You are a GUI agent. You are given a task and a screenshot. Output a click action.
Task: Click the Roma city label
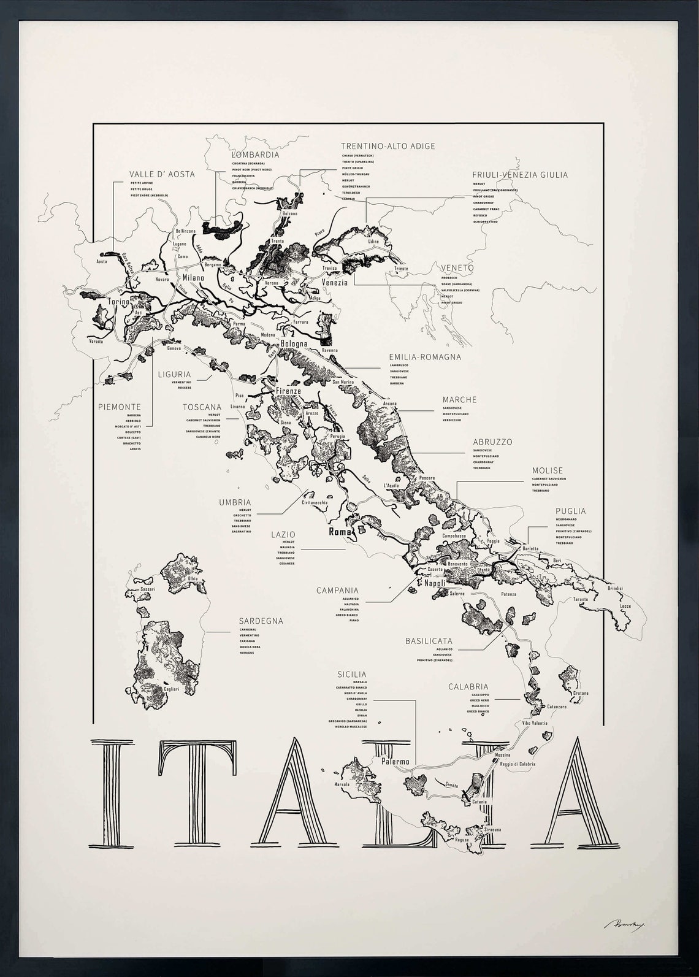coord(340,532)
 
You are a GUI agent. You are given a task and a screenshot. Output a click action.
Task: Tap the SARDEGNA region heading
coord(261,621)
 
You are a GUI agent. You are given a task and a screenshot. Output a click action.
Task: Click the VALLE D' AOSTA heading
coord(162,174)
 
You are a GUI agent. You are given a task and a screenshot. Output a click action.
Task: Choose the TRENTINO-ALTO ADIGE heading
coord(388,146)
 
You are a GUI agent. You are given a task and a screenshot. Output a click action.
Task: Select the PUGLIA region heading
coord(570,511)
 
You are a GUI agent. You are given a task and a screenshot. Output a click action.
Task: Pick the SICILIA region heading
coord(351,674)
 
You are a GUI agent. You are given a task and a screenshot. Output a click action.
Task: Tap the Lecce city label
coord(625,606)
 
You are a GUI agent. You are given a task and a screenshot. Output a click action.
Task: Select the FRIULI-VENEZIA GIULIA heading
coord(520,175)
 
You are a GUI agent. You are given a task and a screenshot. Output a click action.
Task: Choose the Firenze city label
coord(288,391)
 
